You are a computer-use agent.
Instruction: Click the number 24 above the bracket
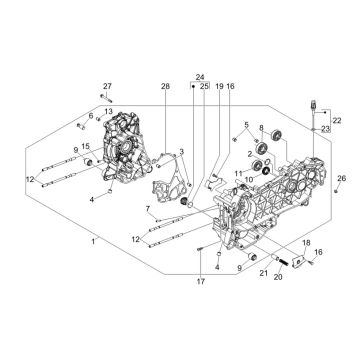coord(200,77)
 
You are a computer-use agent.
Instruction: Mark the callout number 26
coord(343,177)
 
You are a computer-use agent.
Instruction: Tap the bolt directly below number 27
coord(105,98)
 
